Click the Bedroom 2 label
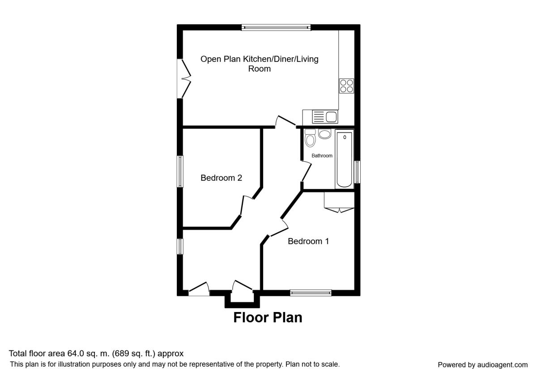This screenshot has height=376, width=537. click(221, 178)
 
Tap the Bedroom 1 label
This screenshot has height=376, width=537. click(308, 241)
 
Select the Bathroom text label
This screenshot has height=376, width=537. click(322, 156)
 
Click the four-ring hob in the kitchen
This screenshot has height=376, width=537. click(346, 86)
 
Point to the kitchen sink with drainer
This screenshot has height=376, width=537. click(325, 117)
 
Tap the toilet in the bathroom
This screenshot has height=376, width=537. click(310, 138)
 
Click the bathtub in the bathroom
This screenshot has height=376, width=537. click(344, 159)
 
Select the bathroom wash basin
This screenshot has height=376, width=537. click(324, 134)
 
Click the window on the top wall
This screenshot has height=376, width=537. click(276, 28)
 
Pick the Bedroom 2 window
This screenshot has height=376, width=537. click(180, 171)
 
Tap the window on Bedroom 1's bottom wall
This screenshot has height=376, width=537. click(311, 293)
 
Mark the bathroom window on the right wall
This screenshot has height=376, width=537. click(357, 172)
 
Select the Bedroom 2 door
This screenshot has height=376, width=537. click(247, 205)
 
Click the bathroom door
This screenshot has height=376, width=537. click(306, 171)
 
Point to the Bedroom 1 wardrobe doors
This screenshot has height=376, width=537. click(340, 210)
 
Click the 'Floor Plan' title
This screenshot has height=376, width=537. click(268, 317)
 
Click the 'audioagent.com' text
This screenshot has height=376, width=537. click(503, 365)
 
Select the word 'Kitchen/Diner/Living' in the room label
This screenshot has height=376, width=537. click(281, 59)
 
